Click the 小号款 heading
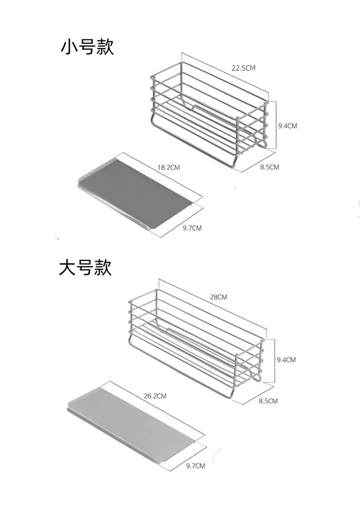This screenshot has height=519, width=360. (x=87, y=47)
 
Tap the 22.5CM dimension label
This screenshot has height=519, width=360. (x=244, y=68)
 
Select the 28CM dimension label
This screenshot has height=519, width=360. (x=219, y=297)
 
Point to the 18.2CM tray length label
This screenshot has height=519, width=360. (x=169, y=167)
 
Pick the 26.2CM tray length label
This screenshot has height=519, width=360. (x=155, y=396)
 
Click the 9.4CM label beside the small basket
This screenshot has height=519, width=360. (x=288, y=126)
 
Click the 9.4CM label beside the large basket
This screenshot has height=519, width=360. (x=286, y=360)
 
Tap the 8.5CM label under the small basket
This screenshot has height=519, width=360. (x=269, y=167)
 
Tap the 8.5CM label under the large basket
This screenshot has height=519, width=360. (x=268, y=401)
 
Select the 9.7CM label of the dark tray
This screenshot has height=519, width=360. (x=192, y=228)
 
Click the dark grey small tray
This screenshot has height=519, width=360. (x=136, y=193)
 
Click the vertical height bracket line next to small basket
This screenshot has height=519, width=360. (x=276, y=124)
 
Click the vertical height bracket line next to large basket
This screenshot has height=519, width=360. (x=275, y=361)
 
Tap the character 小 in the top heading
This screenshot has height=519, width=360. (x=69, y=47)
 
